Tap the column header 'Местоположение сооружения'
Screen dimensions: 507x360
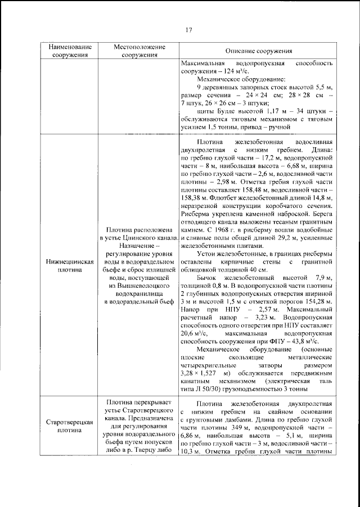point(138,51)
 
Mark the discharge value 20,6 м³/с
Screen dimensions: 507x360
point(191,333)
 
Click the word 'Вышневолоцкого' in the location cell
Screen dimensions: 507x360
point(138,285)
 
